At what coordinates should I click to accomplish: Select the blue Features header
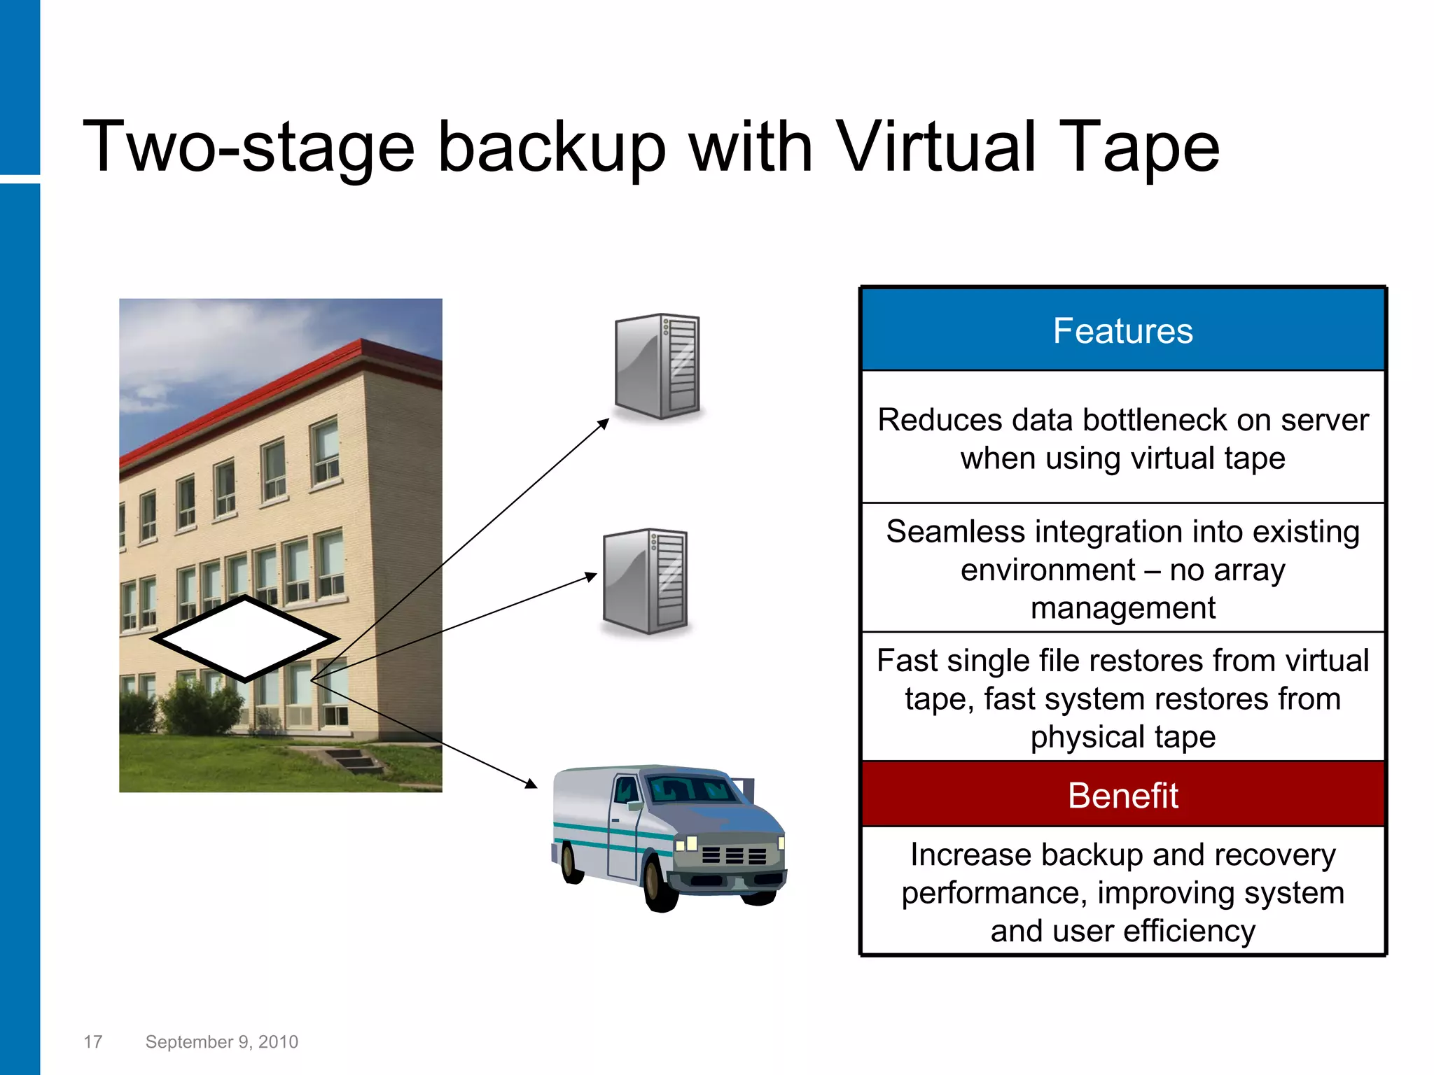click(x=1122, y=330)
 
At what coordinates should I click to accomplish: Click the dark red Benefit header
click(x=1122, y=795)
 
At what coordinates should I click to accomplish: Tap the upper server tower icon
click(x=657, y=366)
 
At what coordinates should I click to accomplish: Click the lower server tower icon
click(x=645, y=581)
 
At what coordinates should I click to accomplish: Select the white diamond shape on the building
click(x=244, y=638)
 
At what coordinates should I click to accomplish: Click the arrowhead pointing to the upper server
click(x=604, y=423)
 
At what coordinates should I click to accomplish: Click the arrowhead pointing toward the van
click(x=531, y=784)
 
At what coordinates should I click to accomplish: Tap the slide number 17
click(x=92, y=1042)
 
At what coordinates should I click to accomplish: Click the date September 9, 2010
click(x=221, y=1042)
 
